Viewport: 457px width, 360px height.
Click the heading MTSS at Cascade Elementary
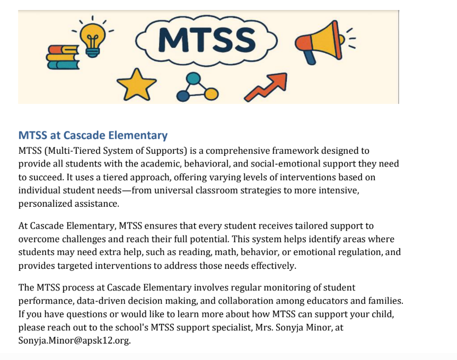[93, 135]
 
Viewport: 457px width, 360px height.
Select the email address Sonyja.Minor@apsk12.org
[74, 340]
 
